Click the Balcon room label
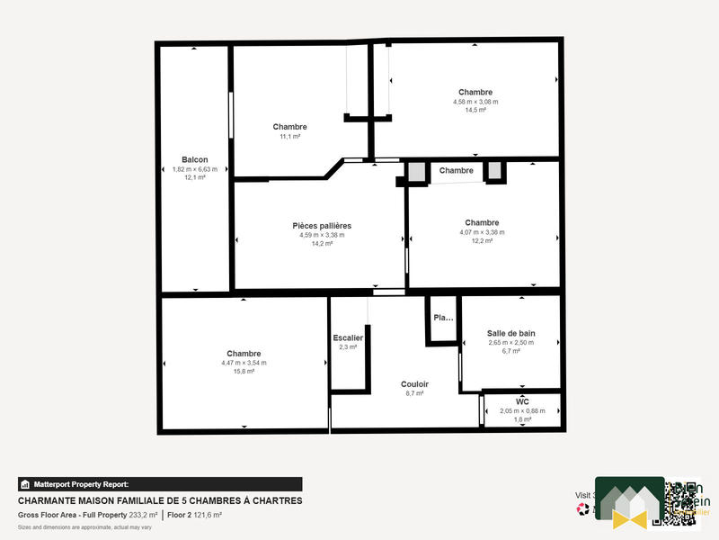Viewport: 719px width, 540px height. point(195,159)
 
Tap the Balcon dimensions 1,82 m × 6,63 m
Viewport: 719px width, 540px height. point(195,169)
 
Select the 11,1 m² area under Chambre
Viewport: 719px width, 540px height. point(290,137)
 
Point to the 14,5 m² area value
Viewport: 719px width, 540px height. point(475,111)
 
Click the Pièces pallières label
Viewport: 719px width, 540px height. point(322,225)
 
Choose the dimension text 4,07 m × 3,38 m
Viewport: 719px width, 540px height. point(482,232)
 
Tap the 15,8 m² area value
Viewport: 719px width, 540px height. point(244,372)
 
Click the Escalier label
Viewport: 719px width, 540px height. point(348,337)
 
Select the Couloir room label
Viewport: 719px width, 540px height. point(414,383)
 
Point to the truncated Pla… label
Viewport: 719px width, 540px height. point(443,318)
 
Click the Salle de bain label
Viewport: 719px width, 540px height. point(510,333)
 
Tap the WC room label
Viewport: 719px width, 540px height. point(522,401)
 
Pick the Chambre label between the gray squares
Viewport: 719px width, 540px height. point(457,170)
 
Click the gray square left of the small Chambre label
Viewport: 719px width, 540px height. point(416,171)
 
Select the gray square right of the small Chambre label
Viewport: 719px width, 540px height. point(494,170)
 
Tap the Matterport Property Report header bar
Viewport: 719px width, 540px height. point(160,484)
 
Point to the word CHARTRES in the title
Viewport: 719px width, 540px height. point(275,500)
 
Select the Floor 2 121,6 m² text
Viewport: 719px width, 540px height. point(195,515)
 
